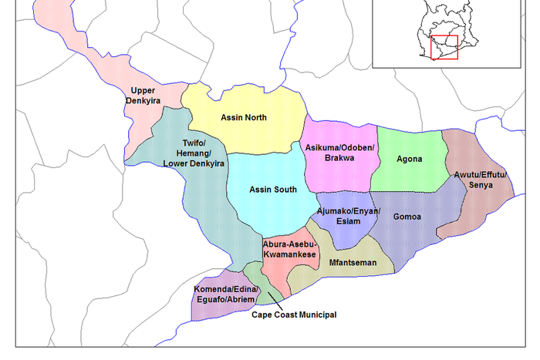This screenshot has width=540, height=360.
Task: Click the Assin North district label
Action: [243, 118]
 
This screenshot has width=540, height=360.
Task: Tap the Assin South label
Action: [273, 189]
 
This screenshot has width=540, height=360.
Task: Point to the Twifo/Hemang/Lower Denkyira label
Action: [194, 154]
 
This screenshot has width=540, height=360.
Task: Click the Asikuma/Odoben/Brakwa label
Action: [339, 153]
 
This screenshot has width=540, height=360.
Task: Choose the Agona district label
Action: [409, 160]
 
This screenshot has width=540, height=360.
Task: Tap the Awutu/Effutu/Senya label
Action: [480, 180]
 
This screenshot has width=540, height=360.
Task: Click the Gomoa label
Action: [407, 217]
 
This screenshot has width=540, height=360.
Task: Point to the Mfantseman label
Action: [353, 263]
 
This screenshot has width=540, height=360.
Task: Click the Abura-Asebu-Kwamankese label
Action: [289, 249]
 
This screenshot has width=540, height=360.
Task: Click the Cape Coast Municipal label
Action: [295, 315]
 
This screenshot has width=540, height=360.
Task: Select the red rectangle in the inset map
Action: [444, 47]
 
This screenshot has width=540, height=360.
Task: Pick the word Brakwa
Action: [339, 158]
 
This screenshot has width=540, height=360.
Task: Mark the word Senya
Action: [480, 186]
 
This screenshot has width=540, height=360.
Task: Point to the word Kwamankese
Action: [289, 254]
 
